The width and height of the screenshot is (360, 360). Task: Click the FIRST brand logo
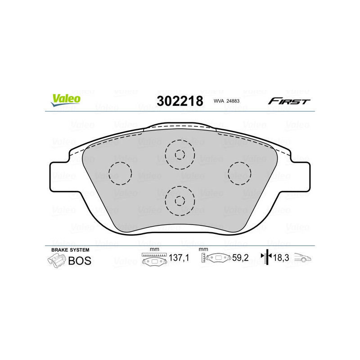(289, 101)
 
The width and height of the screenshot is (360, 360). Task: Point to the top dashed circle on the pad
(180, 154)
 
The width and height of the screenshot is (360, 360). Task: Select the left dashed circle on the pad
(120, 173)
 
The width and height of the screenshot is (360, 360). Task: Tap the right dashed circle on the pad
(239, 173)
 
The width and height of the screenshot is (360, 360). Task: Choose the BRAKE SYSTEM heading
(70, 250)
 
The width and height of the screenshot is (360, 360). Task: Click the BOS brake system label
(79, 261)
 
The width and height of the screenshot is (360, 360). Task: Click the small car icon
(303, 258)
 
